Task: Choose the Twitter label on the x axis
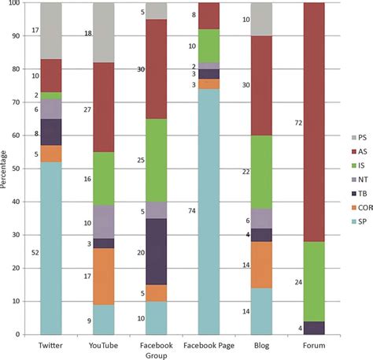[x=51, y=346]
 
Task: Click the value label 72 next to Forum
[x=275, y=123]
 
